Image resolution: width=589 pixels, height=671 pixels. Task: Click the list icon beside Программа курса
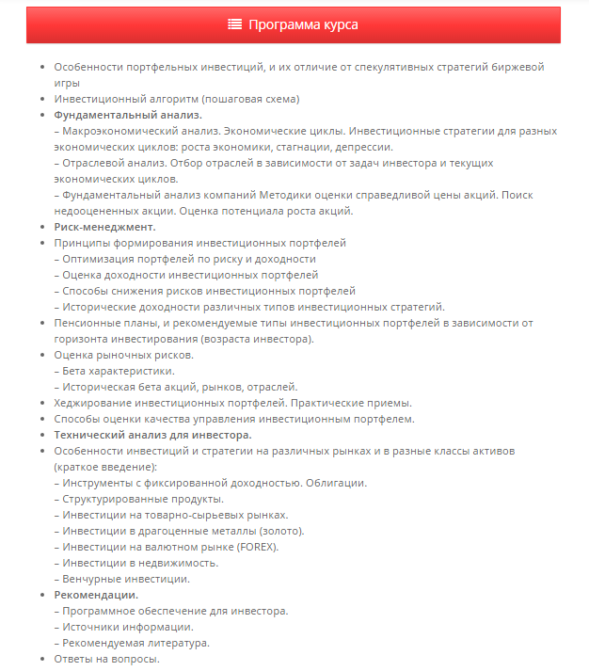235,24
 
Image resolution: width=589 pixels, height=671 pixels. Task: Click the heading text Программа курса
303,24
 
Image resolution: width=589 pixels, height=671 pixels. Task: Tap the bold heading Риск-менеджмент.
104,227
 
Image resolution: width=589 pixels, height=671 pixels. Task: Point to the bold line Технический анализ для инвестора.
152,435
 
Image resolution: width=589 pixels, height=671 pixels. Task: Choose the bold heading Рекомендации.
96,595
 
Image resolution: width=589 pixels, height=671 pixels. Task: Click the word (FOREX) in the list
258,547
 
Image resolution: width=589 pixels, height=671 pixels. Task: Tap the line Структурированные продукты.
143,499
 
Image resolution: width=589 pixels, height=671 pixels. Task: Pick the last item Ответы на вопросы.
106,659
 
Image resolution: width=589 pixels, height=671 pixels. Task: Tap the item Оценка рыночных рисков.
124,355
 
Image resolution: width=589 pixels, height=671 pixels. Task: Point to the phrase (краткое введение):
105,467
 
